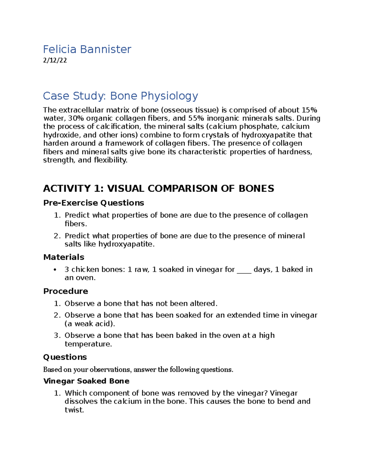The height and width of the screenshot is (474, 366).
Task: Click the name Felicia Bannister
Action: (87, 49)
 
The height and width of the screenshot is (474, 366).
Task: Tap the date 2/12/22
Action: (55, 60)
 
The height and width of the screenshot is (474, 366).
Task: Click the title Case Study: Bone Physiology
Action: (120, 96)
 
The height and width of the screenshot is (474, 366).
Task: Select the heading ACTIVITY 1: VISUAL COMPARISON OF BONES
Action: (159, 188)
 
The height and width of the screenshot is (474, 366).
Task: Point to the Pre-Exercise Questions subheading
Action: (94, 203)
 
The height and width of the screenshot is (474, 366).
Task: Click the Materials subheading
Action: (64, 257)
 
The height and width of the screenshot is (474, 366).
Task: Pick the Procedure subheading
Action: (66, 291)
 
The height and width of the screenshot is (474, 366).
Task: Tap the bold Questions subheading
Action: (65, 357)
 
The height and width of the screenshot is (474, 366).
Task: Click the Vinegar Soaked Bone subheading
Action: (86, 381)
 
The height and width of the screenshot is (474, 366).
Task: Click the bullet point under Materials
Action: (55, 270)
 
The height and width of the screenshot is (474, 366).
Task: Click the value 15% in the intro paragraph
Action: (309, 110)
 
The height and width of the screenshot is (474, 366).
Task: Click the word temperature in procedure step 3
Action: (88, 344)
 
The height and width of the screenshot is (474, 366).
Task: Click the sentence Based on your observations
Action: (138, 370)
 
